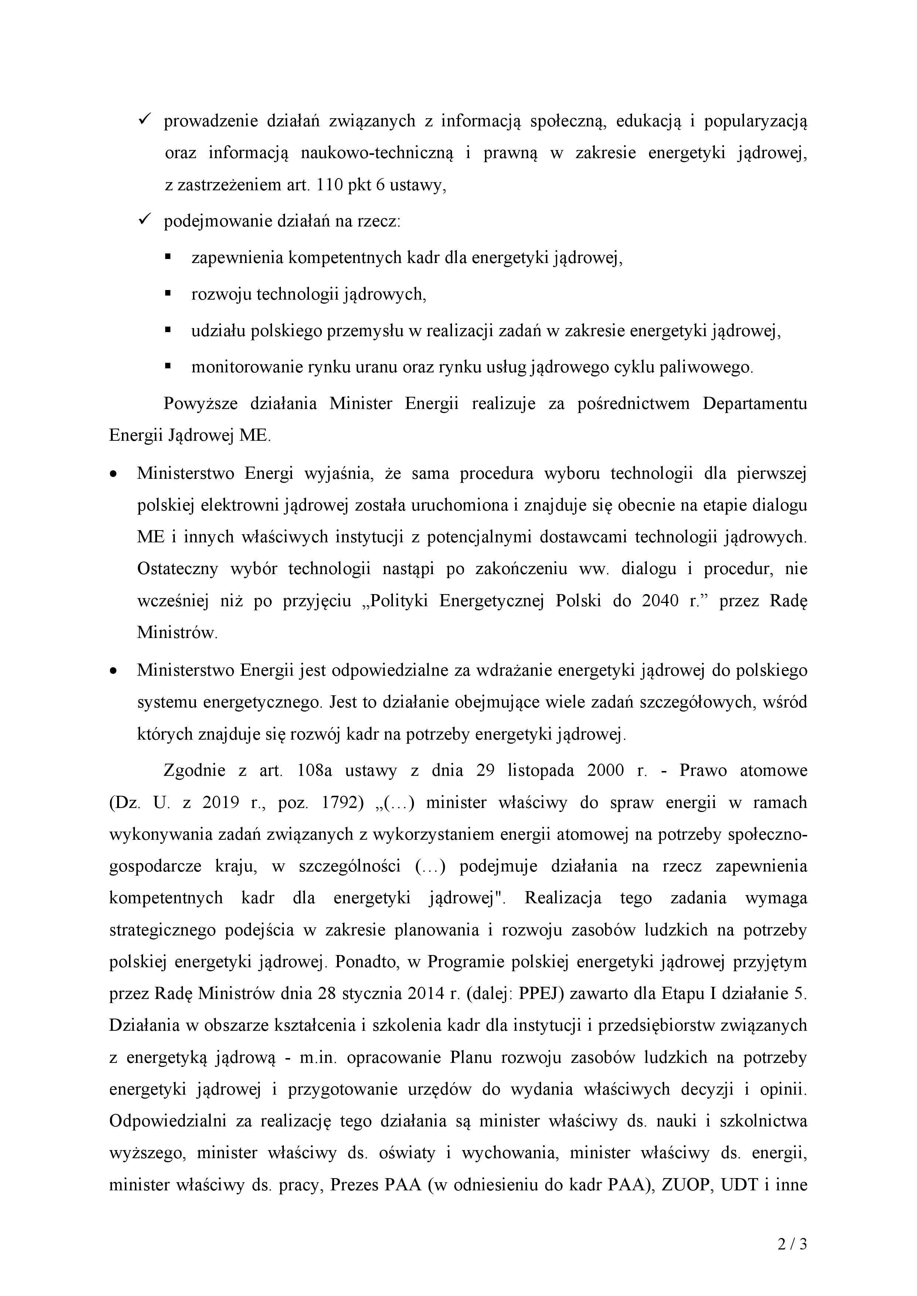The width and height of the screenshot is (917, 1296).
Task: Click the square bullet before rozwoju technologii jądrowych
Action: click(168, 293)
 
